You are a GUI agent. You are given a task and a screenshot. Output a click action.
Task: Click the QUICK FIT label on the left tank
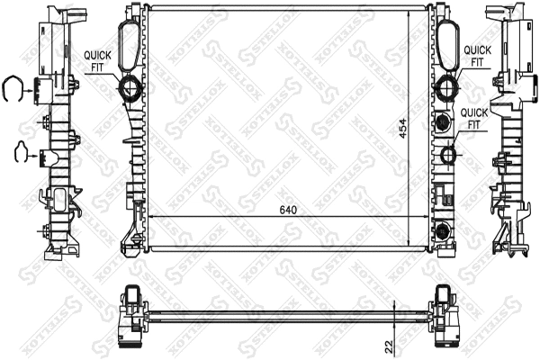point(99,59)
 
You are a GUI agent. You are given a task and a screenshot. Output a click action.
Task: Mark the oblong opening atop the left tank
point(129,40)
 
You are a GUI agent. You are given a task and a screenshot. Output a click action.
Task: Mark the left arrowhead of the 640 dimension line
point(148,217)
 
